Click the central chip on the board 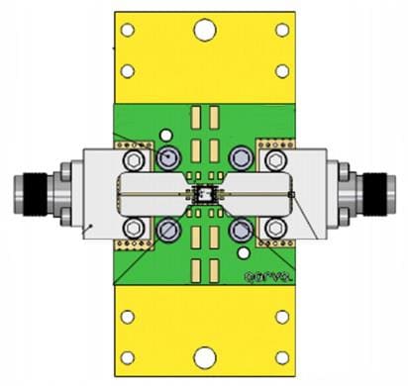pos(204,193)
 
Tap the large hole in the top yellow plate pos(204,31)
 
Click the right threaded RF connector pos(375,193)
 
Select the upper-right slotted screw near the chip pos(241,157)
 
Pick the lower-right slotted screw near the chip pos(241,230)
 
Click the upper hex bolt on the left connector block pos(133,158)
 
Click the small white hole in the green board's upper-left pos(166,135)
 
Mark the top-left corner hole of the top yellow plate pos(127,30)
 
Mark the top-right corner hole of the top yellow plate pos(282,30)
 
